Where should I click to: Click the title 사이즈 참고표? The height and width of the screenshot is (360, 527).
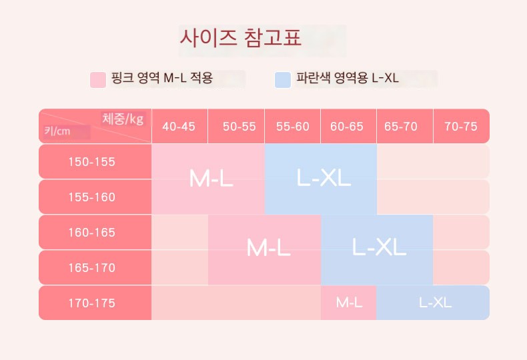(241, 37)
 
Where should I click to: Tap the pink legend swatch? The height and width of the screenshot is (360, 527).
(98, 79)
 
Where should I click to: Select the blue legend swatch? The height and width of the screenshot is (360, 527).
(283, 79)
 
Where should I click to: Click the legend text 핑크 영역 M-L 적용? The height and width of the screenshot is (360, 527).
(162, 78)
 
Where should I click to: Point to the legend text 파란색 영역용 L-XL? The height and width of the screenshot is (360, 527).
(347, 78)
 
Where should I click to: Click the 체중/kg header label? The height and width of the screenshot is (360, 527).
(123, 119)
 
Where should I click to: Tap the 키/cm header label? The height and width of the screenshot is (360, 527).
(57, 131)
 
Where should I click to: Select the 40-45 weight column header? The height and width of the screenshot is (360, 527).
(179, 127)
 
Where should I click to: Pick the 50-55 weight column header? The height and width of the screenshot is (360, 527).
(239, 127)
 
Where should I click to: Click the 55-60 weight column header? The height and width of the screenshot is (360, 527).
(293, 127)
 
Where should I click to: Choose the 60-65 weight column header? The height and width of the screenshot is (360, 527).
(347, 127)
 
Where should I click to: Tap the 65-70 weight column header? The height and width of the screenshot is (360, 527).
(401, 127)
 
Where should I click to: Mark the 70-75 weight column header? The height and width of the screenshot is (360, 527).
(461, 127)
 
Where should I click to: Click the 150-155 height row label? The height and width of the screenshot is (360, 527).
(92, 162)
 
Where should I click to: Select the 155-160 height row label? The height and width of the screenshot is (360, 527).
(92, 197)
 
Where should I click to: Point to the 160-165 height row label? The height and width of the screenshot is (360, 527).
(92, 233)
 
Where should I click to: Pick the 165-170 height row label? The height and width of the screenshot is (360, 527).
(92, 267)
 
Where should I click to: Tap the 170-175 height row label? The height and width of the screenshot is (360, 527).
(92, 303)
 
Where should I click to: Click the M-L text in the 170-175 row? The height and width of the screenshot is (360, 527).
(349, 303)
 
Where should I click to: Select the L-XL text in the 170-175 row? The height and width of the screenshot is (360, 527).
(435, 303)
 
